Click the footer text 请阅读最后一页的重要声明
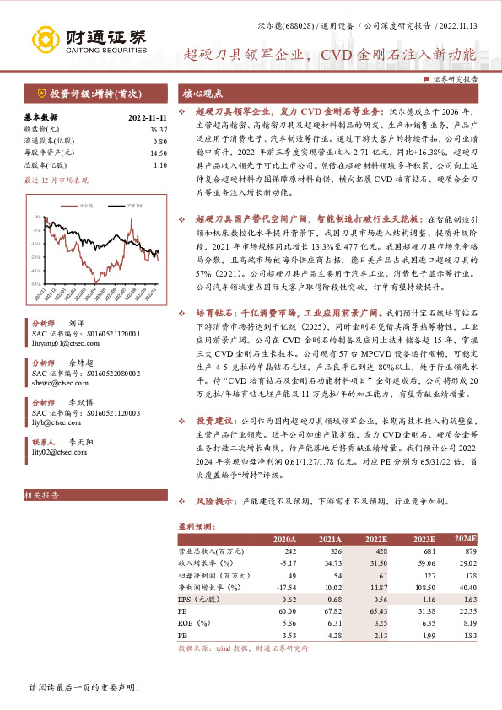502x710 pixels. point(84,688)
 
